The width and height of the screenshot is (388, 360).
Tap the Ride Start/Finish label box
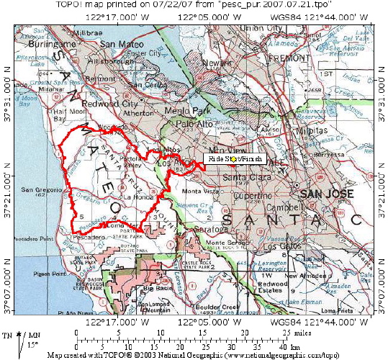pos(236,158)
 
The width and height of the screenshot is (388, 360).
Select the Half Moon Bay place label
pos(61,115)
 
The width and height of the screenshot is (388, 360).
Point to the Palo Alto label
pos(192,123)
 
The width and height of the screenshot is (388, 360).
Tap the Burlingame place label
pos(41,44)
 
